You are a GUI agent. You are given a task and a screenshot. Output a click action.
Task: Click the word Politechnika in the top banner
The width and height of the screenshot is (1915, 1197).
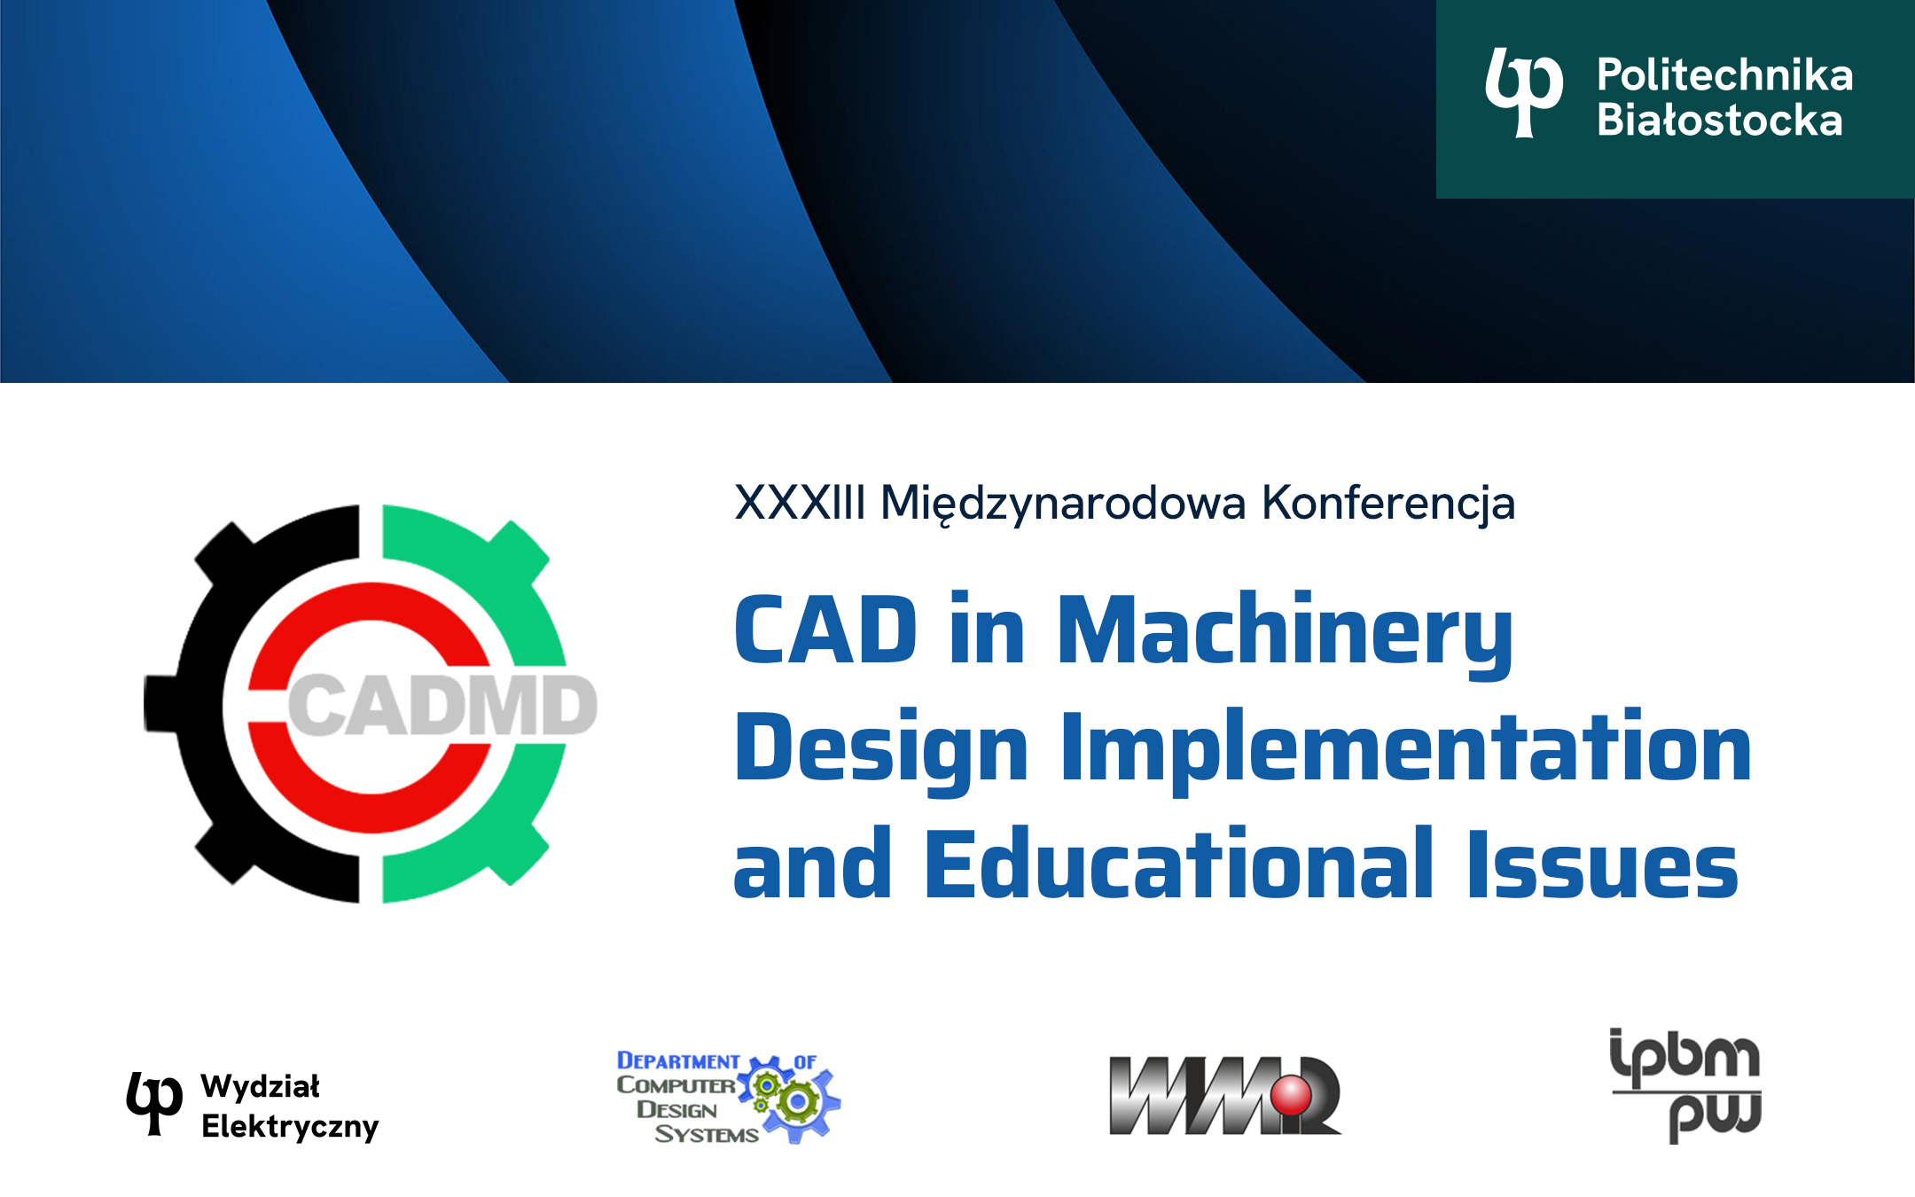[1724, 74]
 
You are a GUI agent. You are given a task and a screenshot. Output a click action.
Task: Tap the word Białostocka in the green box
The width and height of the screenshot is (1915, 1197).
[1720, 120]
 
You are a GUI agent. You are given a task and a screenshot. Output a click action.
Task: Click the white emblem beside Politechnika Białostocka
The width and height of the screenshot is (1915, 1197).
[1524, 93]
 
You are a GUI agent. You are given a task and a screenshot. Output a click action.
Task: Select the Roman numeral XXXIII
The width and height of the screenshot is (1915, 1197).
[800, 503]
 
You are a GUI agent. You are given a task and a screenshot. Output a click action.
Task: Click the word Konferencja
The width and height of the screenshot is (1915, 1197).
[1388, 505]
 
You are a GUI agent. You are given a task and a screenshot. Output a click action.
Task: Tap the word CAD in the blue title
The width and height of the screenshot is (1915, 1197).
[825, 629]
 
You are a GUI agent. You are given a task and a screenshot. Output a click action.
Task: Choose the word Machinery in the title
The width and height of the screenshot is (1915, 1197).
[1286, 635]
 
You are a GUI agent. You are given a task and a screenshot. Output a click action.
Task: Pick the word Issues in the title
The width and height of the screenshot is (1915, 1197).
[1603, 864]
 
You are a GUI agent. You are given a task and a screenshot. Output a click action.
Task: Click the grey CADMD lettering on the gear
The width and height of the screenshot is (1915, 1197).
[442, 705]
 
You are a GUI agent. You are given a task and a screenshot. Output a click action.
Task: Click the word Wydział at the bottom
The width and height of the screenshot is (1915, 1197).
[260, 1086]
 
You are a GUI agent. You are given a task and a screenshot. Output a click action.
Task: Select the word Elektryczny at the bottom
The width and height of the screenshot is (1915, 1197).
[290, 1127]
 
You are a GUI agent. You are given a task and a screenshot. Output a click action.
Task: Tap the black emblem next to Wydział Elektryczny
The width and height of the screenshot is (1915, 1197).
[154, 1102]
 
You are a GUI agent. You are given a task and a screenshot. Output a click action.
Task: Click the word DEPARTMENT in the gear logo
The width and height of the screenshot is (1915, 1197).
[678, 1060]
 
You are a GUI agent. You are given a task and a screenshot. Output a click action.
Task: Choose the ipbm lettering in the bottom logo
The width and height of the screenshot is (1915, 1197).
[1684, 1057]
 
